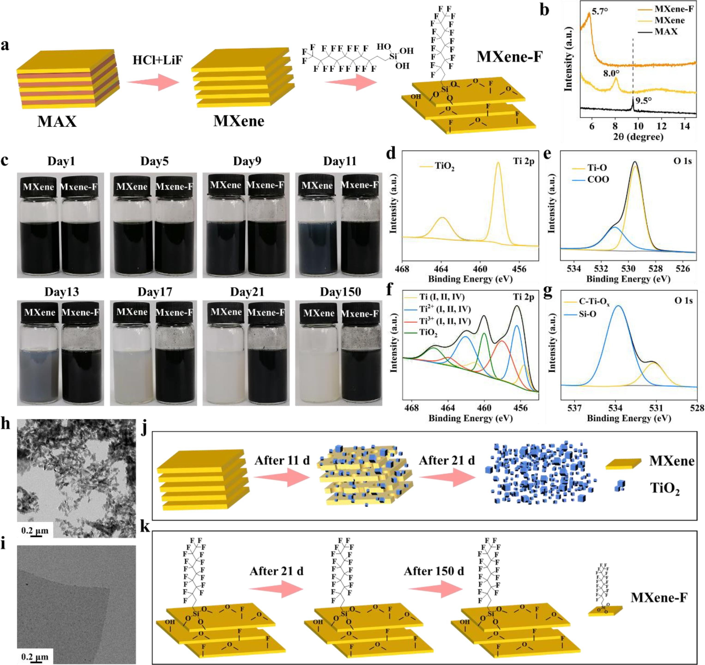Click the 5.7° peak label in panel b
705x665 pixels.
[x=600, y=11]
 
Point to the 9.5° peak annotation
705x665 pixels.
[x=643, y=101]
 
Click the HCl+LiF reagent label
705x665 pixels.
[x=157, y=60]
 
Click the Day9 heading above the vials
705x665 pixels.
[x=247, y=161]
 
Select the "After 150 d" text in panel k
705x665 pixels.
[x=434, y=571]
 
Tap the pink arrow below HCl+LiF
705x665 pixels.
[x=153, y=82]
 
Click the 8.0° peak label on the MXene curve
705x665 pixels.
[x=611, y=74]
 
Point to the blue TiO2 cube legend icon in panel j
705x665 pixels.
[x=620, y=486]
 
